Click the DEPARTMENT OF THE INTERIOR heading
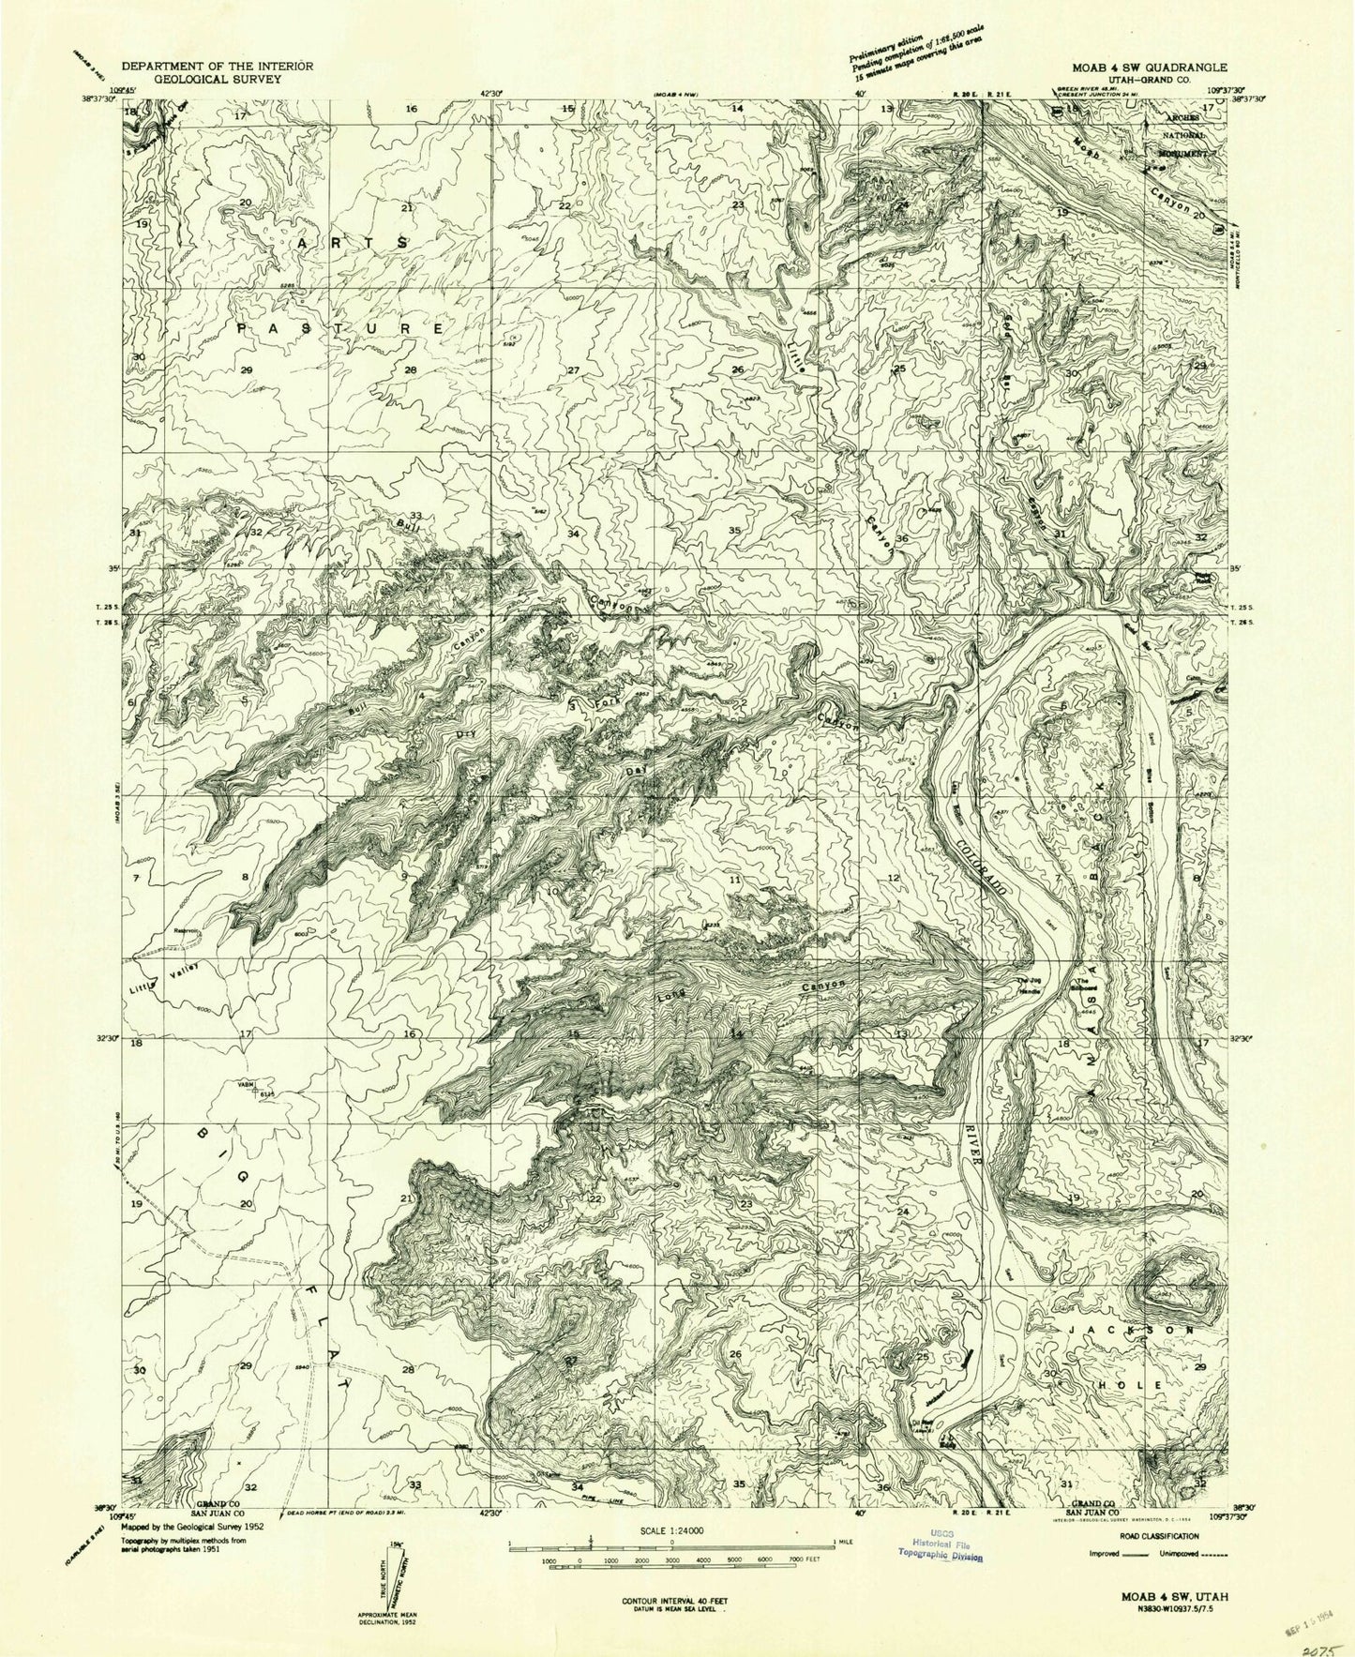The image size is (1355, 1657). click(x=218, y=68)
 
